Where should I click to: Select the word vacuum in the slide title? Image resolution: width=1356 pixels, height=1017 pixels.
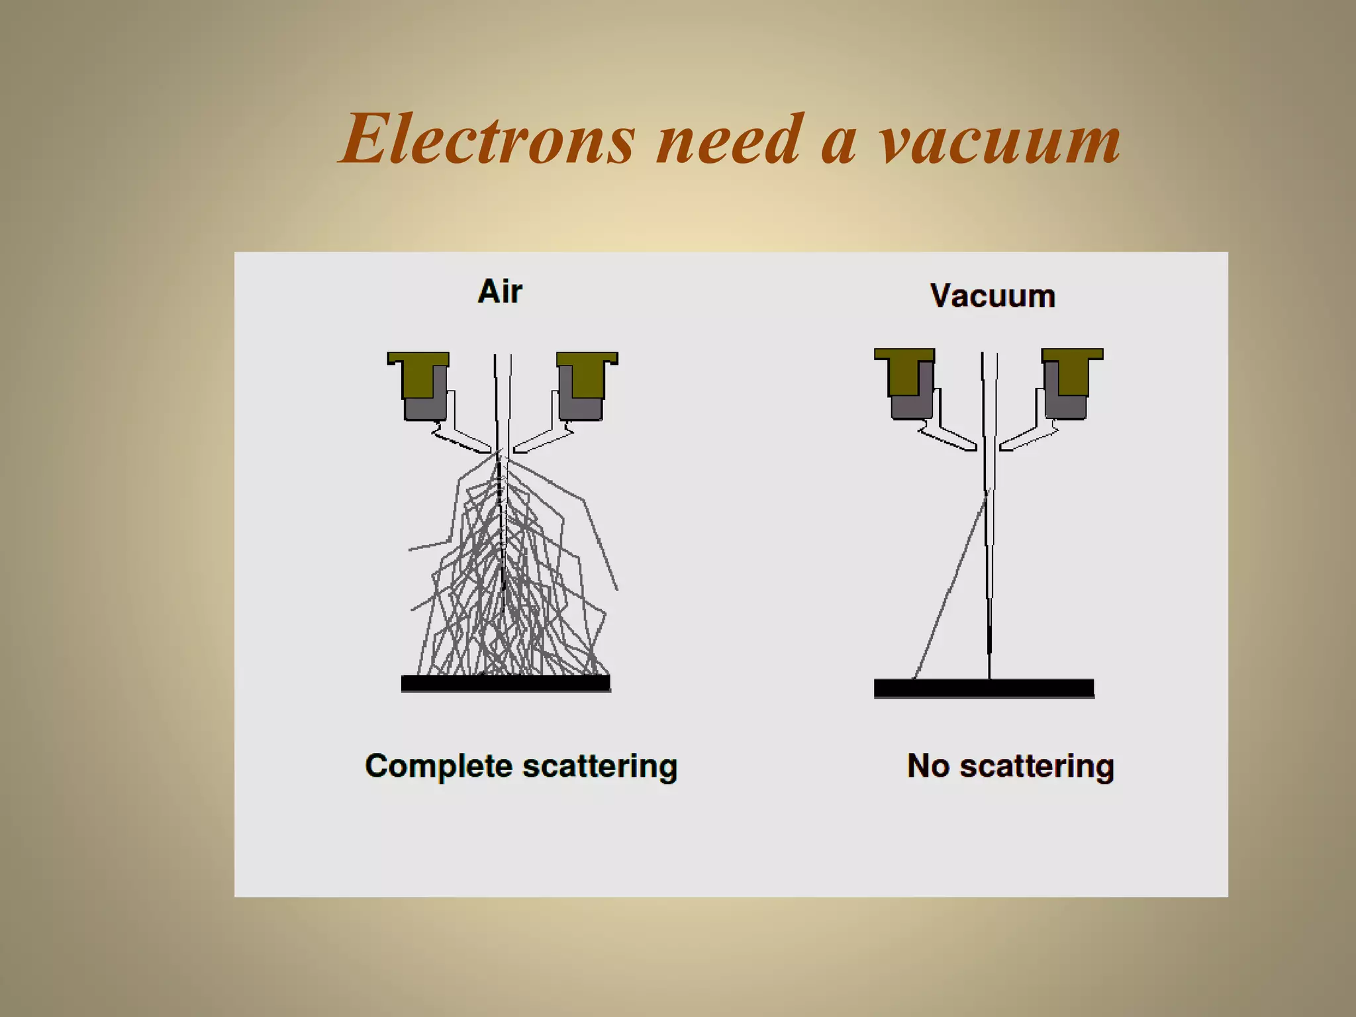point(1000,142)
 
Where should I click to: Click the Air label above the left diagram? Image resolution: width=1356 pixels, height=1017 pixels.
point(500,291)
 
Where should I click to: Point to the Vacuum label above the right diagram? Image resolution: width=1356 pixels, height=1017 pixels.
point(992,296)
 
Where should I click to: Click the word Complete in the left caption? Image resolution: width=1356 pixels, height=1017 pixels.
point(438,767)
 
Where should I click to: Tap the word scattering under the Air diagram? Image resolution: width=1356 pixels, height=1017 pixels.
point(599,767)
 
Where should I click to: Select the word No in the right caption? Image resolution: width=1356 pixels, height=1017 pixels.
point(928,766)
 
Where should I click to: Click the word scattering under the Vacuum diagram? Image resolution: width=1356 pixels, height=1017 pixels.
point(1036,767)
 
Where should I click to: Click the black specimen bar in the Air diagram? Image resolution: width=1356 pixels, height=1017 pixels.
point(505,683)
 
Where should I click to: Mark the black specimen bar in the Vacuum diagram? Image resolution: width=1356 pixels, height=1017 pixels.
point(983,688)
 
